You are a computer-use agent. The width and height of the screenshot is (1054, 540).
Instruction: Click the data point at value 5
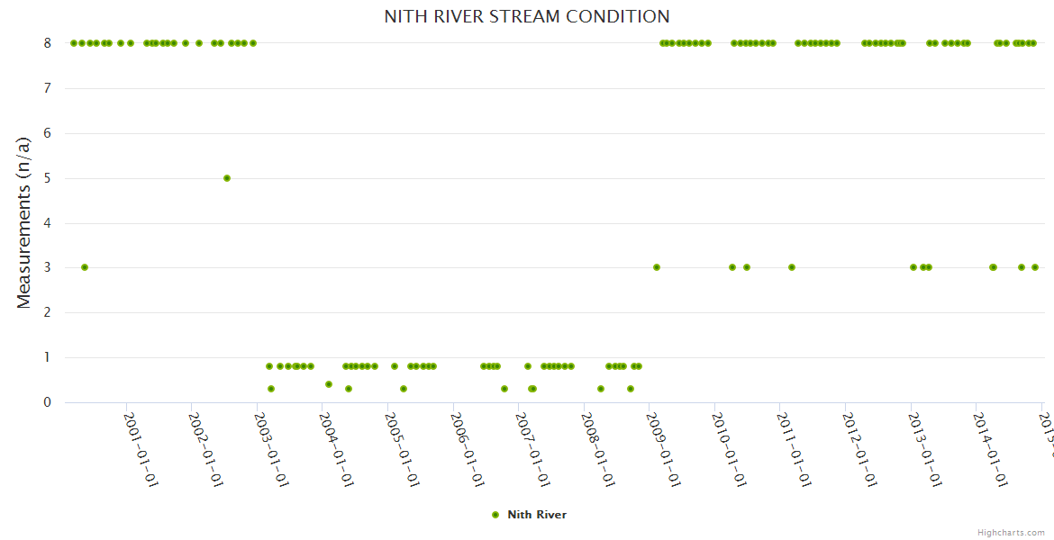click(x=227, y=178)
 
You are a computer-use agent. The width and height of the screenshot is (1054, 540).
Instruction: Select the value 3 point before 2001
click(x=85, y=267)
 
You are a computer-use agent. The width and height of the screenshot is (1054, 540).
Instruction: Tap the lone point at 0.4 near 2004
click(x=329, y=384)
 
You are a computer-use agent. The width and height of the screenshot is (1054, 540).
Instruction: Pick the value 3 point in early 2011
click(x=792, y=267)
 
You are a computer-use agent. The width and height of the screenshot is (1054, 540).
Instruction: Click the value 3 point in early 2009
click(x=657, y=267)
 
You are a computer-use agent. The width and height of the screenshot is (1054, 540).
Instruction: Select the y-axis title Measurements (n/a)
click(x=24, y=222)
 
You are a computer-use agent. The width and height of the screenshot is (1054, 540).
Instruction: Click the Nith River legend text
click(x=537, y=515)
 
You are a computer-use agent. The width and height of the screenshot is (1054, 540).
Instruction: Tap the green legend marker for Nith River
click(x=495, y=515)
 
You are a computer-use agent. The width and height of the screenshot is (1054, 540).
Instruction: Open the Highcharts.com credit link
click(x=1011, y=532)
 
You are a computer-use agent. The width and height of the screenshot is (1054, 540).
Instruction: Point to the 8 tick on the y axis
click(x=47, y=42)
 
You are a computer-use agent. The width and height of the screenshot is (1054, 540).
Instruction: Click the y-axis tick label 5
click(x=47, y=178)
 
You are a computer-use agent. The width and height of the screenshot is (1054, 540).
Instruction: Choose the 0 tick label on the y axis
click(x=47, y=402)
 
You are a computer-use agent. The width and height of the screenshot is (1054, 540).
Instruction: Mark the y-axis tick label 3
click(x=47, y=267)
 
